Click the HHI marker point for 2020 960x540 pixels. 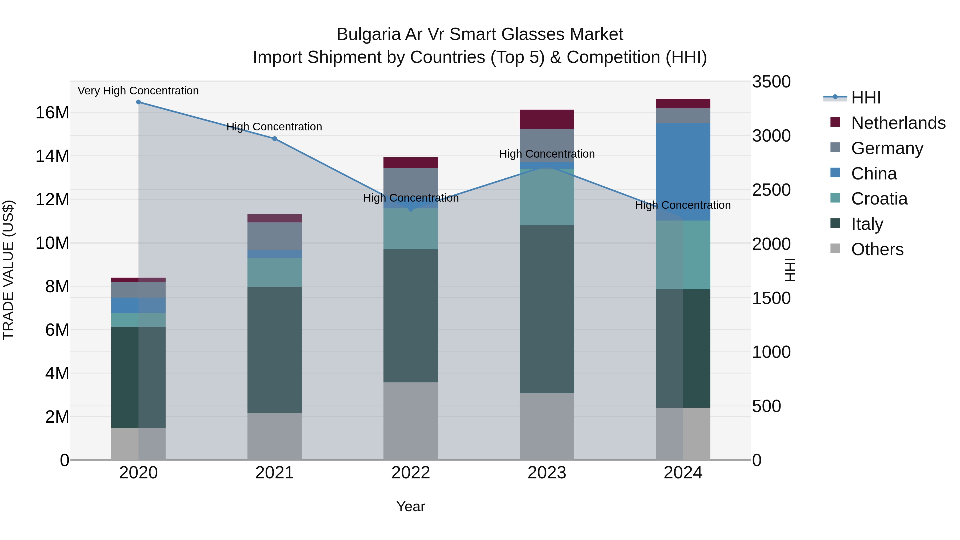click(138, 102)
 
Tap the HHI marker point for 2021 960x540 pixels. click(275, 139)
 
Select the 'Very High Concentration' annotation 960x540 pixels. click(138, 91)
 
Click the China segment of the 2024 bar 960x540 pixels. click(683, 172)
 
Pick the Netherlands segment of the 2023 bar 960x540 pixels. click(547, 119)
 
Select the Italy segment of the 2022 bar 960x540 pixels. click(411, 316)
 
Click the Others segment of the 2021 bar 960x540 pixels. click(275, 436)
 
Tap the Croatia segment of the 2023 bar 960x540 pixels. click(547, 197)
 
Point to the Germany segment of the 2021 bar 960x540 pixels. click(275, 236)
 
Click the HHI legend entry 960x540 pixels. click(866, 98)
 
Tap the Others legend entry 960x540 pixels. click(877, 249)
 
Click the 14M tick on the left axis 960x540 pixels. click(52, 156)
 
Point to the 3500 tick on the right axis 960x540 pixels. click(771, 82)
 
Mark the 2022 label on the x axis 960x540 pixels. click(411, 473)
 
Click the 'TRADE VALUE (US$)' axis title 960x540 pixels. click(8, 270)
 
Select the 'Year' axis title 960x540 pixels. click(411, 506)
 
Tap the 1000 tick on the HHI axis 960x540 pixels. click(771, 352)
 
